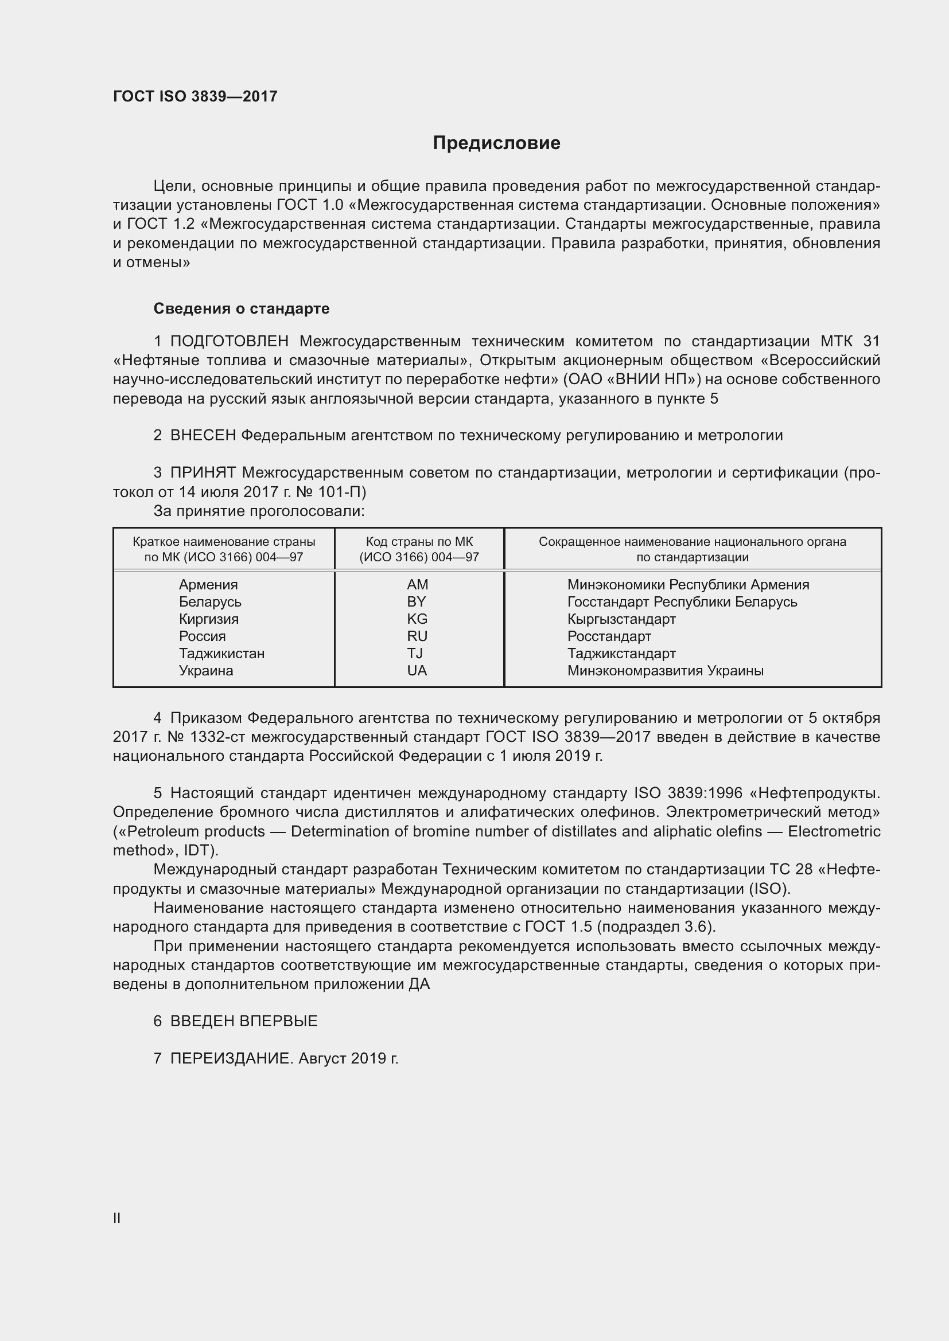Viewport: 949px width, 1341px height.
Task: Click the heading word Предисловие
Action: [496, 143]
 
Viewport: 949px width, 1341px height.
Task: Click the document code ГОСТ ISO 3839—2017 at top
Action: [195, 96]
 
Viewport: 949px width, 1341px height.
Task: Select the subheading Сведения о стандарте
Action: [242, 308]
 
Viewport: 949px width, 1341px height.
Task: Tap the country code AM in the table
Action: [417, 585]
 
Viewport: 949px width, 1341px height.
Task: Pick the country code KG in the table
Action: [417, 619]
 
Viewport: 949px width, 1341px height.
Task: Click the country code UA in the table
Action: [417, 671]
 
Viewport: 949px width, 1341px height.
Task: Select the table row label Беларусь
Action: [210, 602]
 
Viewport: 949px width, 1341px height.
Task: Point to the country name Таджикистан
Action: [221, 654]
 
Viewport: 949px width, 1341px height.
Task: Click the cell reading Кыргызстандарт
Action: [621, 619]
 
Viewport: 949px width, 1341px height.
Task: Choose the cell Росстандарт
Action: [609, 636]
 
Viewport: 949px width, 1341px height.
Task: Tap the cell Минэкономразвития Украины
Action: [665, 671]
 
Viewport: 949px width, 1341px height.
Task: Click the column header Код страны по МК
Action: [419, 542]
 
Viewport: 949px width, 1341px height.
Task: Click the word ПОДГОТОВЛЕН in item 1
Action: [229, 341]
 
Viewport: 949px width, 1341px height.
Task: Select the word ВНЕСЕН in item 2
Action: [203, 436]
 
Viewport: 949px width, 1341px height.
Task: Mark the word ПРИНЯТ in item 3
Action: [203, 472]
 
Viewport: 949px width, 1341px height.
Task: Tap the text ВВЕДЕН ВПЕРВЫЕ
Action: [244, 1022]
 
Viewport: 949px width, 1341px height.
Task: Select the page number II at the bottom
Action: [117, 1218]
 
